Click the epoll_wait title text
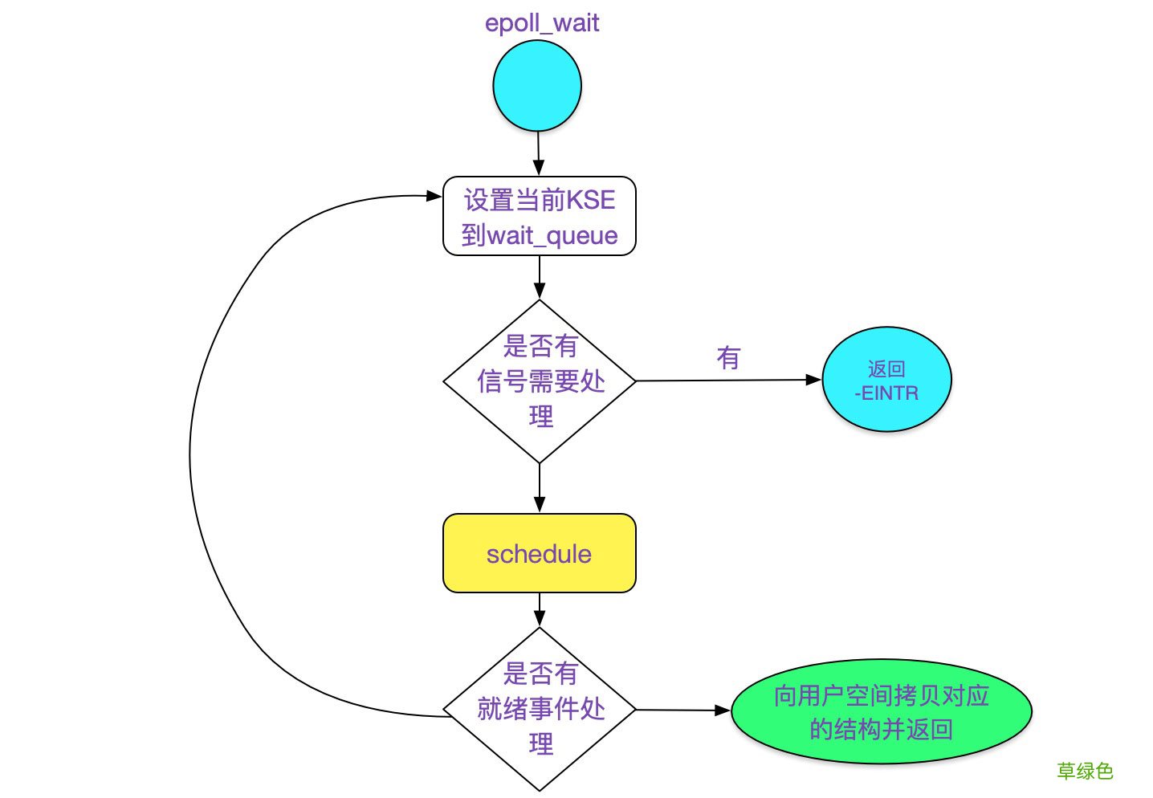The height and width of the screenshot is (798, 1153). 541,22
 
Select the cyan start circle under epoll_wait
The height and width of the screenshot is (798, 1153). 536,86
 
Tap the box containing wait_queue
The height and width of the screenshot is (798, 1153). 539,217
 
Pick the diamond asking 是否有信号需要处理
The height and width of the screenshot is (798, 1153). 540,381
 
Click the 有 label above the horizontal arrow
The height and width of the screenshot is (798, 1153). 728,358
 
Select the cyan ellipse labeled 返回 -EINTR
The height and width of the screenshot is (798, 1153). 886,381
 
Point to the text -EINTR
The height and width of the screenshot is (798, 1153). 886,393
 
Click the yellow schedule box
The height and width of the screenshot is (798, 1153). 539,554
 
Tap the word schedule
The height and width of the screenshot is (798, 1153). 539,554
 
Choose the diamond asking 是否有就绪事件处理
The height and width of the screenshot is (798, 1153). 540,709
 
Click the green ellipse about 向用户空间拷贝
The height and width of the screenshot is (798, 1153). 881,712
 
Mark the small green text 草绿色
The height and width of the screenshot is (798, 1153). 1085,772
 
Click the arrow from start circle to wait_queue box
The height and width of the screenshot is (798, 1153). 538,153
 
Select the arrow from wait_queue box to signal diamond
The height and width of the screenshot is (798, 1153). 540,277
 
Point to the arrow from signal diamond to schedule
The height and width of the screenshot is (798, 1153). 540,487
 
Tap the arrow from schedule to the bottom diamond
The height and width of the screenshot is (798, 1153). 540,609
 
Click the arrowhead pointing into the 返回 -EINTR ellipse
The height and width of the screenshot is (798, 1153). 813,380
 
